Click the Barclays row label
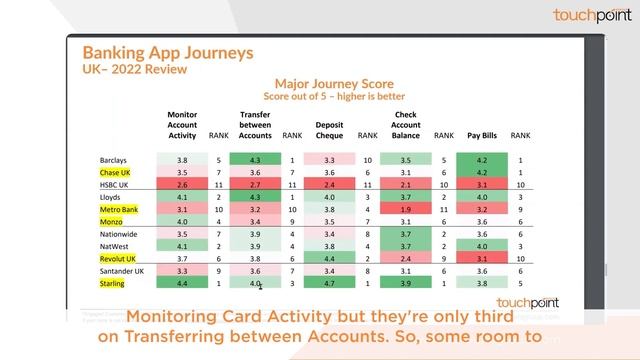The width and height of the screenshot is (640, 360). (x=114, y=160)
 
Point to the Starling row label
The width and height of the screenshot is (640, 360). (x=113, y=285)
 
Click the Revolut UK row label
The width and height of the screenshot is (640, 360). (x=118, y=259)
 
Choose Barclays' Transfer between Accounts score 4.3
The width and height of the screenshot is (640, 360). (x=255, y=160)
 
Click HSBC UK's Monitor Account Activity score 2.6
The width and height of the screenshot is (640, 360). (x=182, y=185)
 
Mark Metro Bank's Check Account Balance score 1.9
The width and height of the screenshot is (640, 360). (x=406, y=210)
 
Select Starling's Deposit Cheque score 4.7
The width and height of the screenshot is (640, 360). (x=329, y=285)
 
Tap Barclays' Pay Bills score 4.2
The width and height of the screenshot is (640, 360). (x=482, y=160)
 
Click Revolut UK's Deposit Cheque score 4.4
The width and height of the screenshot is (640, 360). (x=329, y=259)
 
